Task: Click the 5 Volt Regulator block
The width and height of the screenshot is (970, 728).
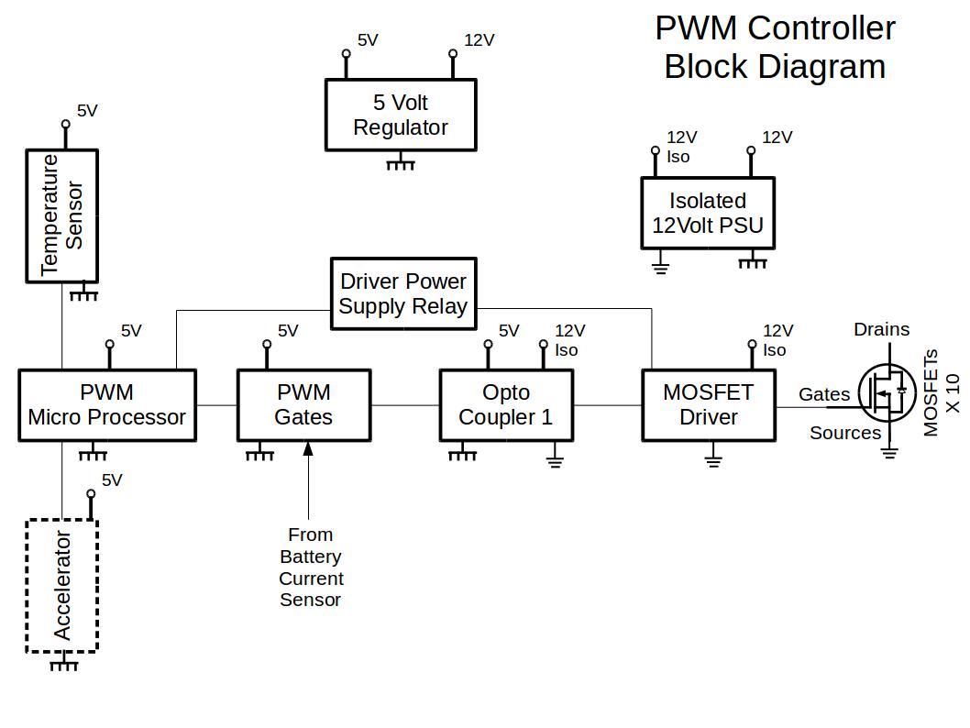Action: pos(401,115)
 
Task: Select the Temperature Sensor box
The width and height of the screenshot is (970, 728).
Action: pos(61,215)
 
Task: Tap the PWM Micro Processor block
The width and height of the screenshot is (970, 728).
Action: pos(107,405)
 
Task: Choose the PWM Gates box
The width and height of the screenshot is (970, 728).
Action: pos(303,405)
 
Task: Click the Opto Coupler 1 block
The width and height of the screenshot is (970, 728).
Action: pos(506,405)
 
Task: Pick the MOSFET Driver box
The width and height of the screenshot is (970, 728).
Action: pos(708,405)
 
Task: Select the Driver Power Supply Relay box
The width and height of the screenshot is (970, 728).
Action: pos(403,293)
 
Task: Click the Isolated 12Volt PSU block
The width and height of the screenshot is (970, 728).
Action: pos(707,213)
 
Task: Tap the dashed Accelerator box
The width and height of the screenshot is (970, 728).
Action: pos(61,586)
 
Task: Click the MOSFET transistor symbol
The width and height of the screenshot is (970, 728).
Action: pos(886,393)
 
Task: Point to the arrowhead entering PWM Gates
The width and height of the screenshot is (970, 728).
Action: pos(308,448)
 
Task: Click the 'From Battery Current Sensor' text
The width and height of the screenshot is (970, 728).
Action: pos(311,567)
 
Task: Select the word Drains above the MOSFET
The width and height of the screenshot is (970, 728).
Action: pos(881,329)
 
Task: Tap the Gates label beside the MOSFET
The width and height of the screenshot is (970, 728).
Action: pos(824,394)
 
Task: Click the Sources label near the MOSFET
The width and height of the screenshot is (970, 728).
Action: pos(844,433)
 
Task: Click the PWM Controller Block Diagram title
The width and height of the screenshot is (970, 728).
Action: pos(775,47)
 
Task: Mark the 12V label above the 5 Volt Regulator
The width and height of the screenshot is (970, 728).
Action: pos(479,40)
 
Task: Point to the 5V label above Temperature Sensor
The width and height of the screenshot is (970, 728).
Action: pos(87,111)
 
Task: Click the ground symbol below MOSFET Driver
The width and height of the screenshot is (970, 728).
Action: pos(713,458)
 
